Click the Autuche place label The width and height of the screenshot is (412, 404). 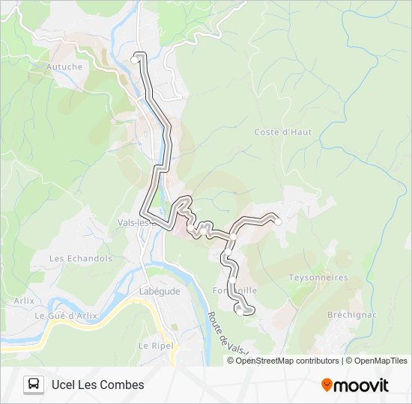click(x=64, y=67)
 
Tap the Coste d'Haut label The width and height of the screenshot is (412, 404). click(x=282, y=132)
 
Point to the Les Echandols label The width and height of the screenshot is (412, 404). click(x=80, y=259)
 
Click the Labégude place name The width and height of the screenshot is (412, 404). click(x=160, y=292)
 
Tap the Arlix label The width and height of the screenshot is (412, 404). click(x=24, y=301)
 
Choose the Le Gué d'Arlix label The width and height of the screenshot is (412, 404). click(x=66, y=316)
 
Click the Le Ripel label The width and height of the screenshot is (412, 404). click(x=155, y=346)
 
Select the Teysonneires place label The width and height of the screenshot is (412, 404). click(x=318, y=278)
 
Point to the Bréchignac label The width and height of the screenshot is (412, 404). click(x=350, y=315)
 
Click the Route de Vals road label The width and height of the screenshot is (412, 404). click(x=225, y=332)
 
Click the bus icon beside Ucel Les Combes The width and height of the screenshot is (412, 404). click(x=34, y=385)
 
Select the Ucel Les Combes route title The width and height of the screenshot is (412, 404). click(x=97, y=385)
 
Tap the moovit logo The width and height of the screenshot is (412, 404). click(x=355, y=385)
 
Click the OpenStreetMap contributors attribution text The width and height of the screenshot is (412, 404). click(x=282, y=361)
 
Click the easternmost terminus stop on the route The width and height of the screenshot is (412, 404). click(x=278, y=221)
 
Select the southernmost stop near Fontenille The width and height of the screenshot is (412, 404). click(x=240, y=311)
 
